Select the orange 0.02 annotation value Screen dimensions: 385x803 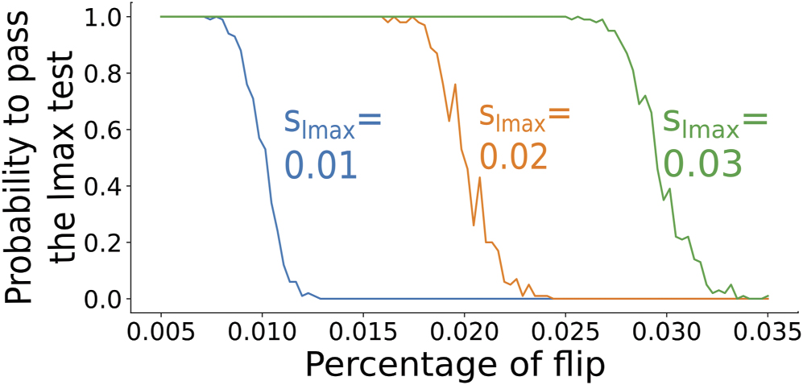point(514,156)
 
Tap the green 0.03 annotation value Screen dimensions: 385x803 point(702,164)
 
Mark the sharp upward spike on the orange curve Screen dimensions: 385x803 point(455,85)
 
